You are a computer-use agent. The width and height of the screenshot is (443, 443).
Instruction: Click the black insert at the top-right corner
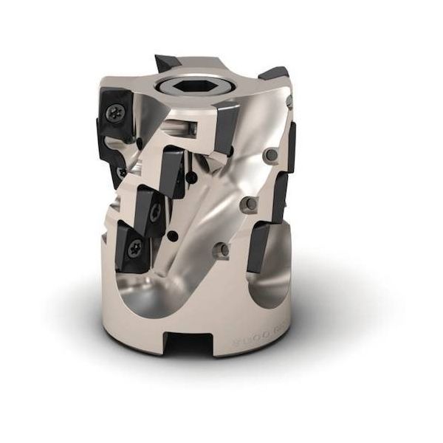pos(275,75)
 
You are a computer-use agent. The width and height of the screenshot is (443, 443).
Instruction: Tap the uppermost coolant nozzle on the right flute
pos(271,155)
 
